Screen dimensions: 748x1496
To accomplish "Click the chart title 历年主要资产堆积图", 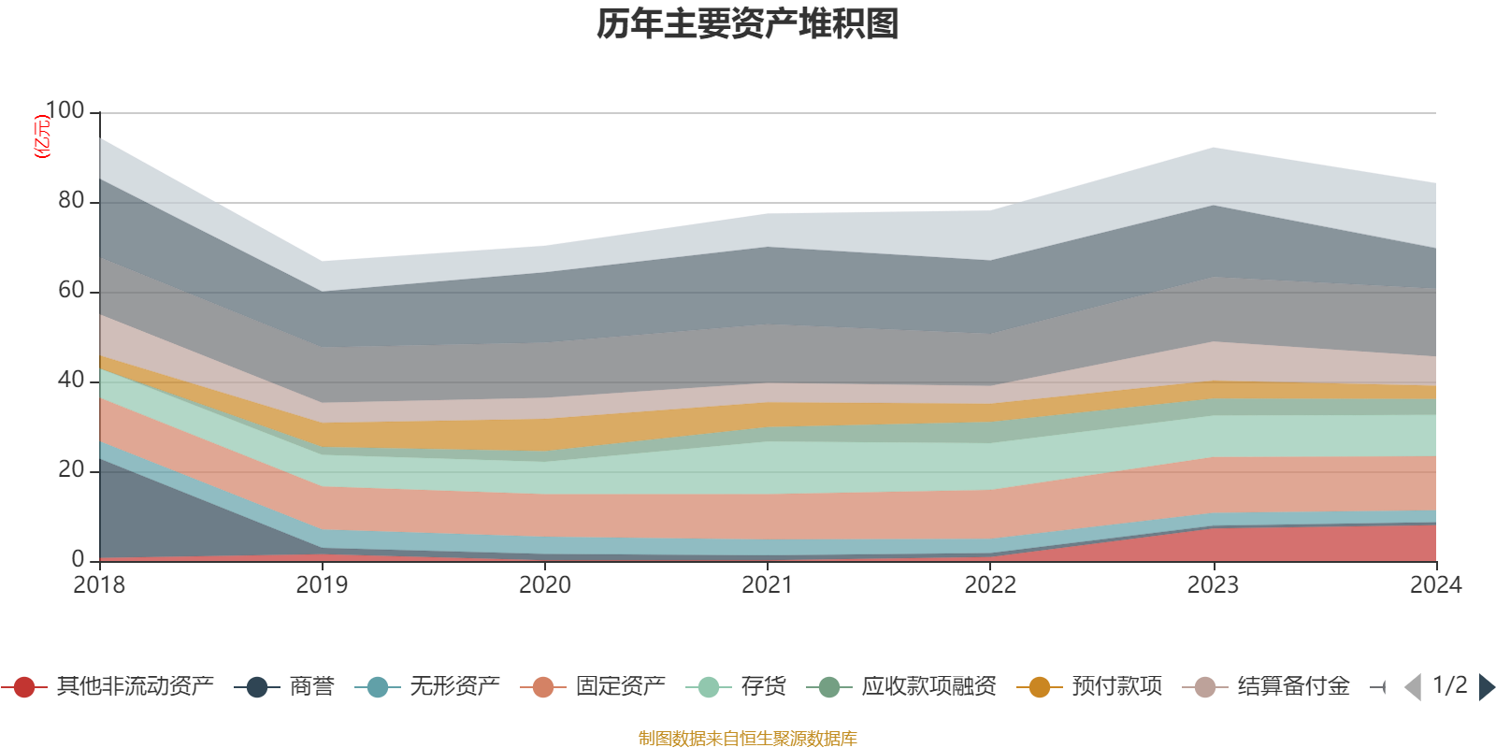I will point(748,24).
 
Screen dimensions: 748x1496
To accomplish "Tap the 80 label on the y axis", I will point(71,200).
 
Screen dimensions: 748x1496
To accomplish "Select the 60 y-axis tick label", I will point(71,290).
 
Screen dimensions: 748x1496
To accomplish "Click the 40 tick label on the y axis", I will point(71,380).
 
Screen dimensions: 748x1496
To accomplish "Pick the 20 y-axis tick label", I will point(71,469).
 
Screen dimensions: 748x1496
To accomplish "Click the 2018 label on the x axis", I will point(99,585).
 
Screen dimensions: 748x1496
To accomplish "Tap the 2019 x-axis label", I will point(322,585).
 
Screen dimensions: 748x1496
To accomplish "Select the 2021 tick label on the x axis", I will point(768,585).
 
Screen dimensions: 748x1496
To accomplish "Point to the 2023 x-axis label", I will point(1213,585).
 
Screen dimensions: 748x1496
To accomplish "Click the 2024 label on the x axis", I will point(1435,585).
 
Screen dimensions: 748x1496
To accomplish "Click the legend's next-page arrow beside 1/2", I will point(1486,687).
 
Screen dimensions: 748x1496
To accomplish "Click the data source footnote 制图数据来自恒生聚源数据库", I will point(748,739).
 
